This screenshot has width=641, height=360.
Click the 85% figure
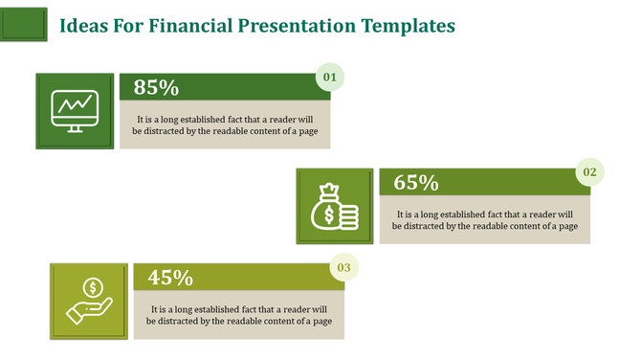tap(157, 87)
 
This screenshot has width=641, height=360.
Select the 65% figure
tap(416, 182)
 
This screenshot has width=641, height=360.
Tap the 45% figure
tap(171, 278)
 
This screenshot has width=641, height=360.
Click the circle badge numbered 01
tap(330, 77)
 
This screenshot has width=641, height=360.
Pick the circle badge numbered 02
tap(589, 171)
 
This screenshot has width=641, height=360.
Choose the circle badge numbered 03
tap(343, 267)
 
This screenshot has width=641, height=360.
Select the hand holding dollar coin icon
tap(88, 300)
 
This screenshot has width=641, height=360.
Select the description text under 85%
tap(225, 125)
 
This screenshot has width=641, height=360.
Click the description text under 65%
tap(484, 220)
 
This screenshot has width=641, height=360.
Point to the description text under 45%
tap(239, 315)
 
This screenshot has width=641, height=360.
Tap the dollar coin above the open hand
tap(93, 286)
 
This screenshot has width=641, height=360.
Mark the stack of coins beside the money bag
tap(348, 216)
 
